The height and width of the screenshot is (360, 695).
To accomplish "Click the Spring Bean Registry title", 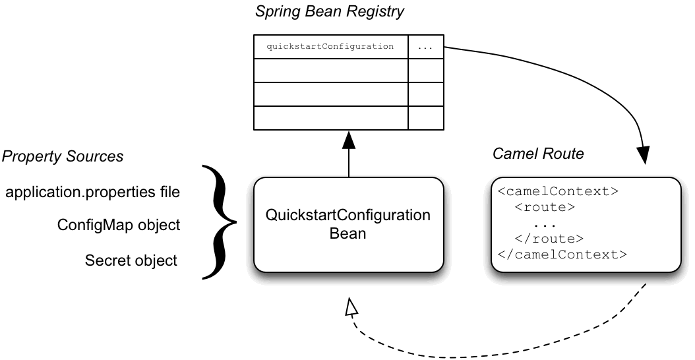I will pyautogui.click(x=330, y=11).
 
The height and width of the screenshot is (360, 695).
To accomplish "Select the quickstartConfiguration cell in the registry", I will pyautogui.click(x=330, y=47).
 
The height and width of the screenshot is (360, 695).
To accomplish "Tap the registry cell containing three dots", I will pyautogui.click(x=425, y=47).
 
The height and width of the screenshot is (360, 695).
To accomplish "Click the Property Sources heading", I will pyautogui.click(x=63, y=156).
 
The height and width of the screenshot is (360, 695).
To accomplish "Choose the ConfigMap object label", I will pyautogui.click(x=119, y=225).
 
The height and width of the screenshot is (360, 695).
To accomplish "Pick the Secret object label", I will pyautogui.click(x=131, y=260).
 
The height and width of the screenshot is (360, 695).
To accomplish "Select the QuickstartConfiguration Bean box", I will pyautogui.click(x=348, y=224).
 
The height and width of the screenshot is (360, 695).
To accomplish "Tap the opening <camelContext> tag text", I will pyautogui.click(x=558, y=192).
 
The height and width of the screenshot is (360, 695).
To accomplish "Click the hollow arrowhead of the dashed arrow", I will pyautogui.click(x=351, y=305).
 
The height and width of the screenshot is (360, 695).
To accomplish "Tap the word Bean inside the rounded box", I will pyautogui.click(x=347, y=233).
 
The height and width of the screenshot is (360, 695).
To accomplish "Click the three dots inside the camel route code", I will pyautogui.click(x=545, y=224).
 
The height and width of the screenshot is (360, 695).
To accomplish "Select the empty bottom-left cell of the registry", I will pyautogui.click(x=330, y=118).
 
